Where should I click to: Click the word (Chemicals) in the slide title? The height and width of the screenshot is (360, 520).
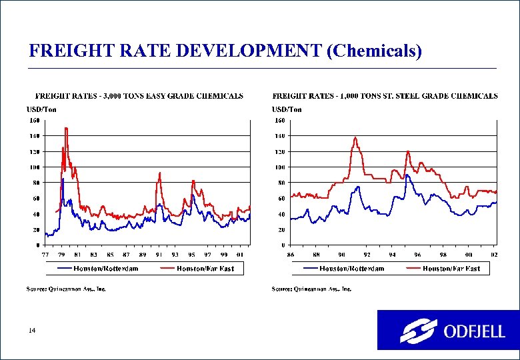374,51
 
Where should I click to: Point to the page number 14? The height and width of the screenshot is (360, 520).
32,331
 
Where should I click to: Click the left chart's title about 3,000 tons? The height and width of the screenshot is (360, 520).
139,96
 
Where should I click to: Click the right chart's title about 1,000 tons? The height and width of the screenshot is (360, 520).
385,96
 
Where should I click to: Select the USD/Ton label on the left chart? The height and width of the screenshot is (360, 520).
41,109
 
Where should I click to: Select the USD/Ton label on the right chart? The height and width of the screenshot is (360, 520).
287,109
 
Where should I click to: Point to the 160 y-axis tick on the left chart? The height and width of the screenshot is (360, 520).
33,121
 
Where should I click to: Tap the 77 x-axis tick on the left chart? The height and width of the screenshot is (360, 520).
45,255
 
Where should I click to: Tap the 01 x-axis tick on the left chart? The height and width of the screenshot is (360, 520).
240,255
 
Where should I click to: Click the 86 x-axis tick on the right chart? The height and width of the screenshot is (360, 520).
291,255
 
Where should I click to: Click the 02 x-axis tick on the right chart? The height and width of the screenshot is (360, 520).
493,255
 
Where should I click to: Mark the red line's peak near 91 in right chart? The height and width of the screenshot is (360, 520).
355,137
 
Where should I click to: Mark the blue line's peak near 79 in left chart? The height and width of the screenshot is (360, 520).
63,179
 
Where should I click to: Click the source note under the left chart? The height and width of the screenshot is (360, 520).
66,289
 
